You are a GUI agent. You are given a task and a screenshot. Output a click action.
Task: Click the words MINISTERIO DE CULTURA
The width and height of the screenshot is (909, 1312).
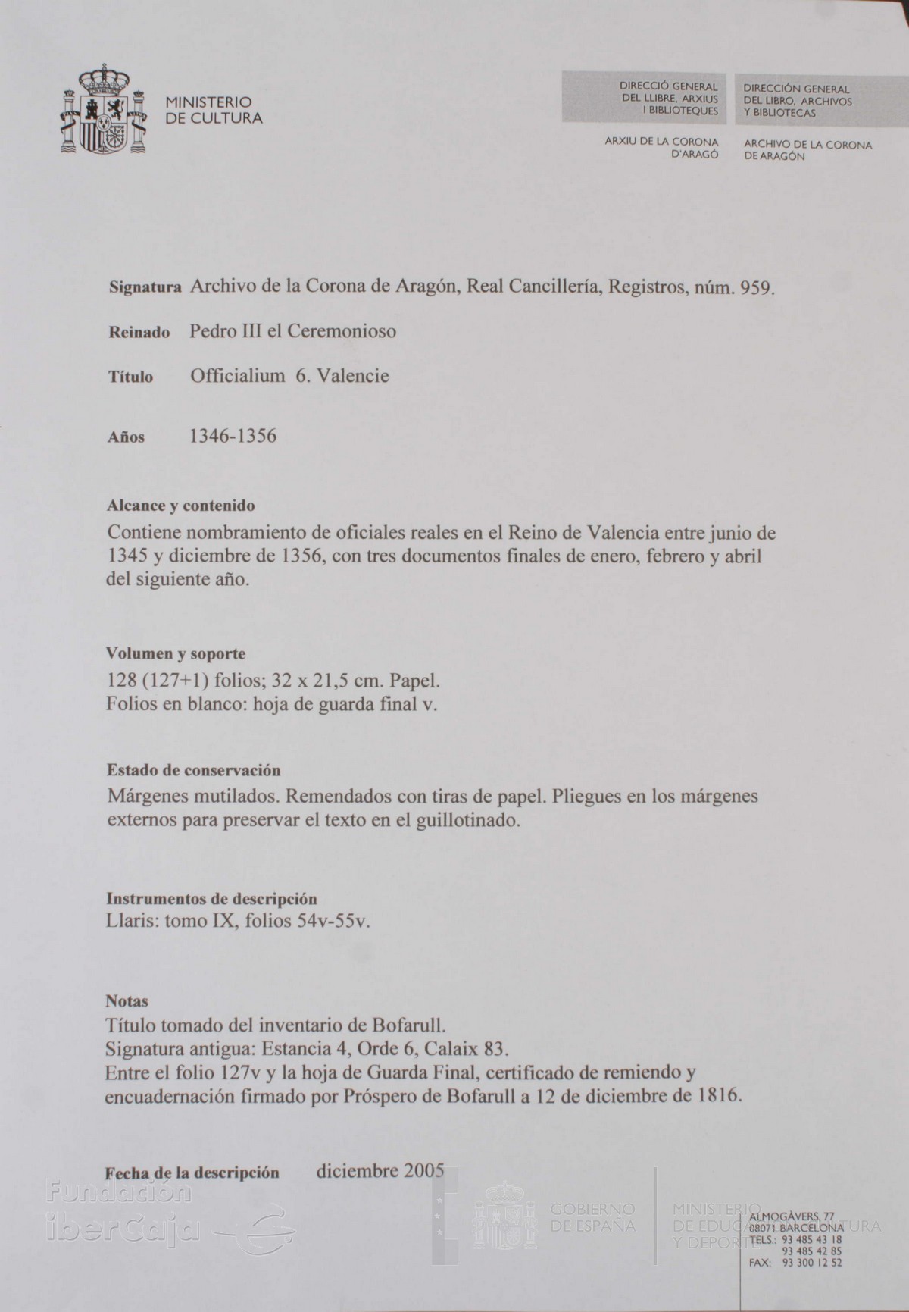pyautogui.click(x=214, y=110)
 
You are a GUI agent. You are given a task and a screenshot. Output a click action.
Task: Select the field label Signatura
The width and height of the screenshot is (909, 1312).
pyautogui.click(x=145, y=288)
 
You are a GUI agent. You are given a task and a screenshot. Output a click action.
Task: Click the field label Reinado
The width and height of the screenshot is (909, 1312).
pyautogui.click(x=139, y=333)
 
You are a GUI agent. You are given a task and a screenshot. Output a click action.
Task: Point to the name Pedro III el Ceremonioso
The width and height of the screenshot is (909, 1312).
pyautogui.click(x=292, y=331)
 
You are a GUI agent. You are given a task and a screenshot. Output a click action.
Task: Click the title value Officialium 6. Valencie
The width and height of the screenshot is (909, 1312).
pyautogui.click(x=289, y=375)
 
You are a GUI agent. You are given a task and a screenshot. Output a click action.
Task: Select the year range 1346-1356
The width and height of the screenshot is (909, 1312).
pyautogui.click(x=233, y=436)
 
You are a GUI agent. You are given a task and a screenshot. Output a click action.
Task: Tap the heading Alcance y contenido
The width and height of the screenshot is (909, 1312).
pyautogui.click(x=180, y=505)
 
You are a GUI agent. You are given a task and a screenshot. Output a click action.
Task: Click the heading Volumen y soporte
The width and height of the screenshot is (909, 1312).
pyautogui.click(x=176, y=653)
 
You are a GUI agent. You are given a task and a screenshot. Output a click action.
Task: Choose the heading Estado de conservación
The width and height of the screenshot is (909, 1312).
pyautogui.click(x=193, y=770)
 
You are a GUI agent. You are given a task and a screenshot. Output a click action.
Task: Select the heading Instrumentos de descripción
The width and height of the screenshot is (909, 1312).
pyautogui.click(x=211, y=899)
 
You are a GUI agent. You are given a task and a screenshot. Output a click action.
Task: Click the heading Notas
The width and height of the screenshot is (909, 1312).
pyautogui.click(x=127, y=1001)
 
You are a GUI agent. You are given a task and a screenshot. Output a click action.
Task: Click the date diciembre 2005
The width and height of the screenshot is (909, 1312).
pyautogui.click(x=380, y=1170)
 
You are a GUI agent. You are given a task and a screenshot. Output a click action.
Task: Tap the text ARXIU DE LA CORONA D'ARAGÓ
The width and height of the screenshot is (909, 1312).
pyautogui.click(x=661, y=149)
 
